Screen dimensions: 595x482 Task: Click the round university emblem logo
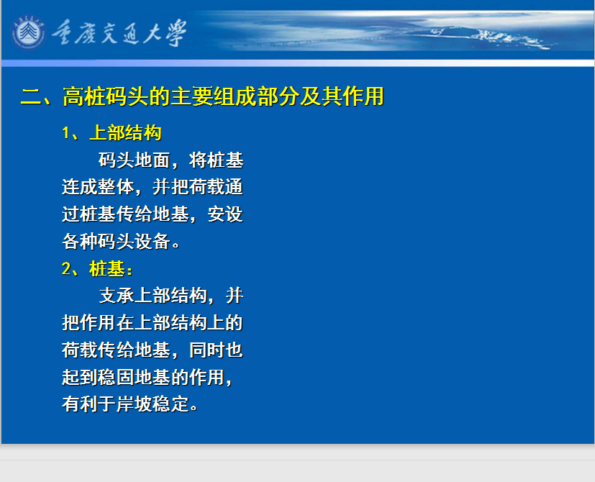point(29,32)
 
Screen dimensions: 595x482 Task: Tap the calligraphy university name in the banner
point(119,33)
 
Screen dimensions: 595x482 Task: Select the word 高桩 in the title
point(84,96)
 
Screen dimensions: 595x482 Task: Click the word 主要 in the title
point(191,96)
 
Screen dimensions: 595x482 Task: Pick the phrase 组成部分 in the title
point(256,96)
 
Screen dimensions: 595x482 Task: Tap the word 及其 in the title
point(321,96)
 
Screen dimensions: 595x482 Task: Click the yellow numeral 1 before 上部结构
point(65,133)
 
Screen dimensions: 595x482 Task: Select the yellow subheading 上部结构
point(126,133)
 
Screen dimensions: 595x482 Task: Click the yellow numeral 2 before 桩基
point(66,269)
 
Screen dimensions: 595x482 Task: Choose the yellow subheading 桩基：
point(111,269)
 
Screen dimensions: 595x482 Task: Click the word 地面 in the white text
point(153,160)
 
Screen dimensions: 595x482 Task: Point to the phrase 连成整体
point(98,187)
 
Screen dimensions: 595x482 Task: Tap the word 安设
point(225,214)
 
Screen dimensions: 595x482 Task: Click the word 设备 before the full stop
point(153,242)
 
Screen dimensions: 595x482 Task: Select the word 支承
point(117,296)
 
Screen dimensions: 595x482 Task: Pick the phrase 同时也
point(216,350)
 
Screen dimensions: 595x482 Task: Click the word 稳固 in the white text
point(98,377)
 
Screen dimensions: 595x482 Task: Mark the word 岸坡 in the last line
point(135,404)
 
